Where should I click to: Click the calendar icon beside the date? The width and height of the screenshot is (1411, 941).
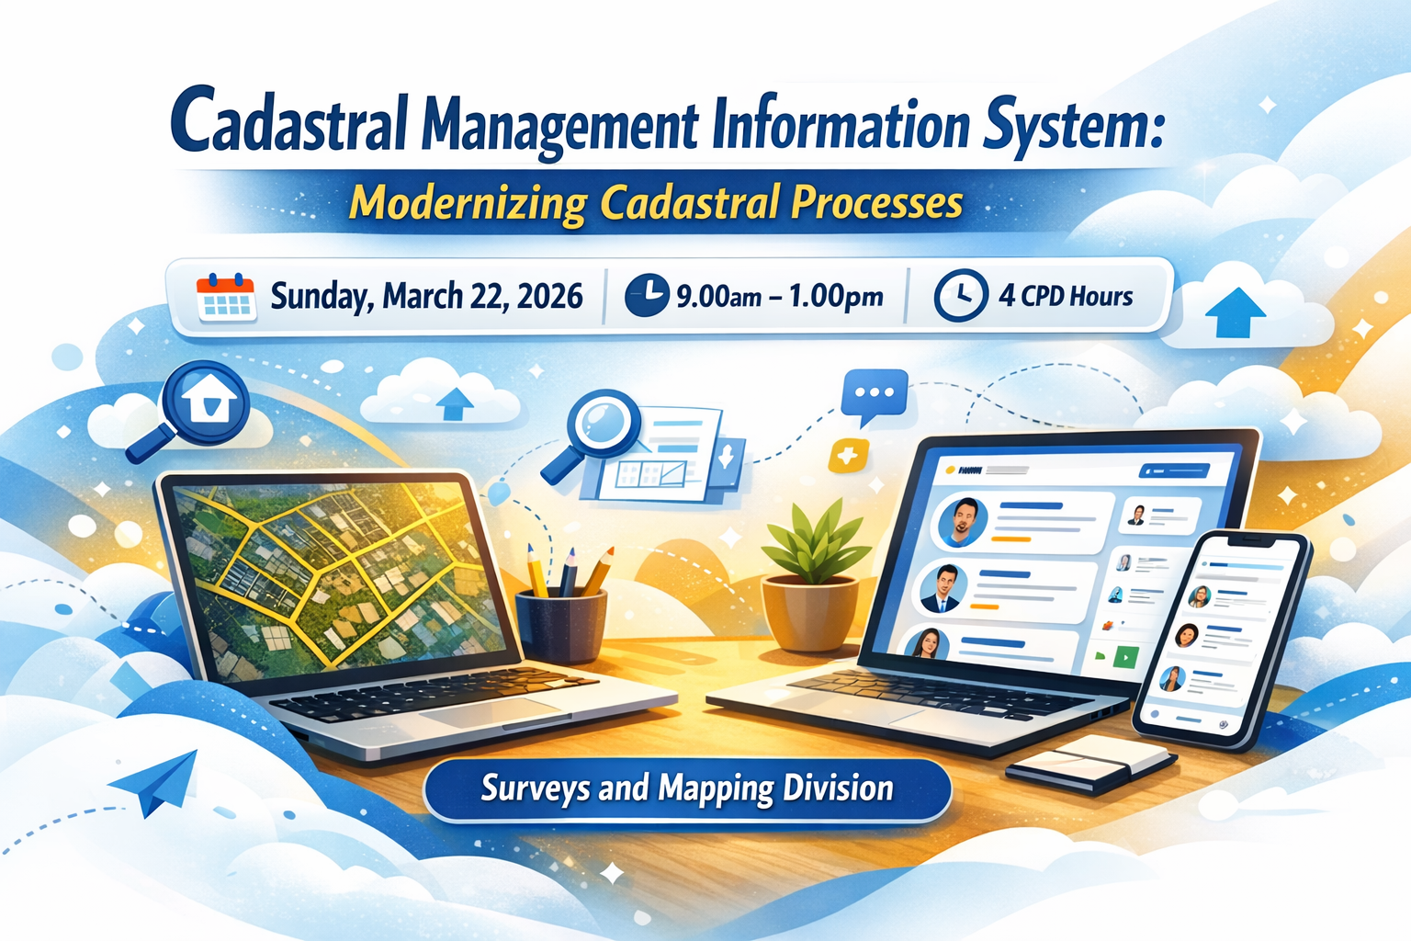[225, 297]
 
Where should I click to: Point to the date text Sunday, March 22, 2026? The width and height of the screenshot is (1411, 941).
[426, 296]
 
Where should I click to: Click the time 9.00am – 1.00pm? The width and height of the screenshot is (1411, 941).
[780, 296]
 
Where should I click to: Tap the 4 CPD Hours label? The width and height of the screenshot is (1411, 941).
[1066, 296]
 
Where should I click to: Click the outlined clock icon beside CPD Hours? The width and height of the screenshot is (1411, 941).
[961, 295]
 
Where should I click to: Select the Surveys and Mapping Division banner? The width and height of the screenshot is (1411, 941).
[687, 790]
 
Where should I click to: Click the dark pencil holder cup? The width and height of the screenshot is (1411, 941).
[561, 625]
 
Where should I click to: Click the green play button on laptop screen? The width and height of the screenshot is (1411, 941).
[1125, 656]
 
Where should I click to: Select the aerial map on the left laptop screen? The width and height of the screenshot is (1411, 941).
[339, 581]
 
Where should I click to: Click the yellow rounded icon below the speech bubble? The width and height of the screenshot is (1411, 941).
[849, 455]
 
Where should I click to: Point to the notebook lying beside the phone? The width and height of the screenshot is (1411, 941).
[1090, 764]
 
